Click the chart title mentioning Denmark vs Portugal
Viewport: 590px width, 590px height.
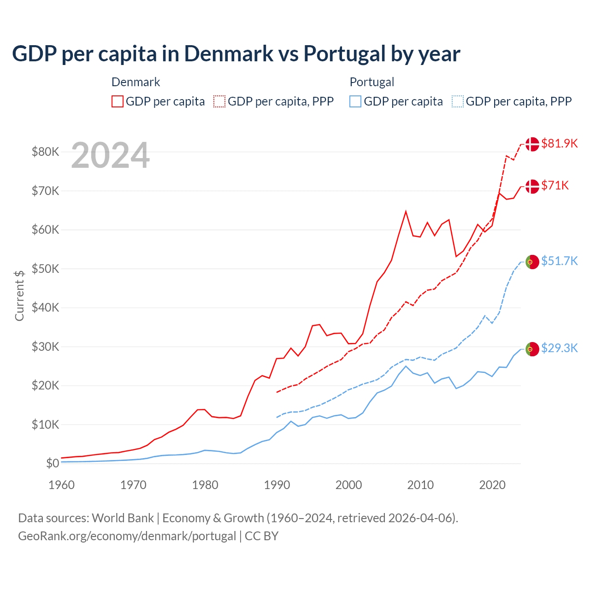pyautogui.click(x=236, y=54)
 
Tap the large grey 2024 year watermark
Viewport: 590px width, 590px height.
pyautogui.click(x=110, y=156)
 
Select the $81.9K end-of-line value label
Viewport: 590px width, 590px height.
pyautogui.click(x=559, y=143)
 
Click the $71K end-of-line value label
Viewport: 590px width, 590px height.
pyautogui.click(x=555, y=185)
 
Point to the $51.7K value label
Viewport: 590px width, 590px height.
pyautogui.click(x=559, y=261)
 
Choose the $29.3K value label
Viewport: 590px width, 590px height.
pyautogui.click(x=559, y=348)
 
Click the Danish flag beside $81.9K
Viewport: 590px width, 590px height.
pyautogui.click(x=532, y=144)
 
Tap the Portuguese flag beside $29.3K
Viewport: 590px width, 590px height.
pyautogui.click(x=532, y=349)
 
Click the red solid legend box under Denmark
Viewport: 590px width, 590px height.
pyautogui.click(x=118, y=101)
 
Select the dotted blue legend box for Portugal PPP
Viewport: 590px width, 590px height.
pyautogui.click(x=458, y=101)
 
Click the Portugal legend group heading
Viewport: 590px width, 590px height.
pyautogui.click(x=372, y=82)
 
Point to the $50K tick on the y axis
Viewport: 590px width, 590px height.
pyautogui.click(x=45, y=269)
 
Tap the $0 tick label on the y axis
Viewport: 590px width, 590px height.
pyautogui.click(x=53, y=464)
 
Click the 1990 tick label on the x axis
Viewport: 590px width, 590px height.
pyautogui.click(x=277, y=485)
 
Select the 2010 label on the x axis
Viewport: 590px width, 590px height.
pyautogui.click(x=420, y=485)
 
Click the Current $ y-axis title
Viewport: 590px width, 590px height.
pyautogui.click(x=19, y=295)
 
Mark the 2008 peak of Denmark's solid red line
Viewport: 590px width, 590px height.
pyautogui.click(x=406, y=212)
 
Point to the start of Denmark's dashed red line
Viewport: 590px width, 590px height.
pyautogui.click(x=277, y=392)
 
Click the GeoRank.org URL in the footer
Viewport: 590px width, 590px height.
pyautogui.click(x=127, y=536)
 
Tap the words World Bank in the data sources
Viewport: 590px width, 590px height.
pyautogui.click(x=123, y=518)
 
